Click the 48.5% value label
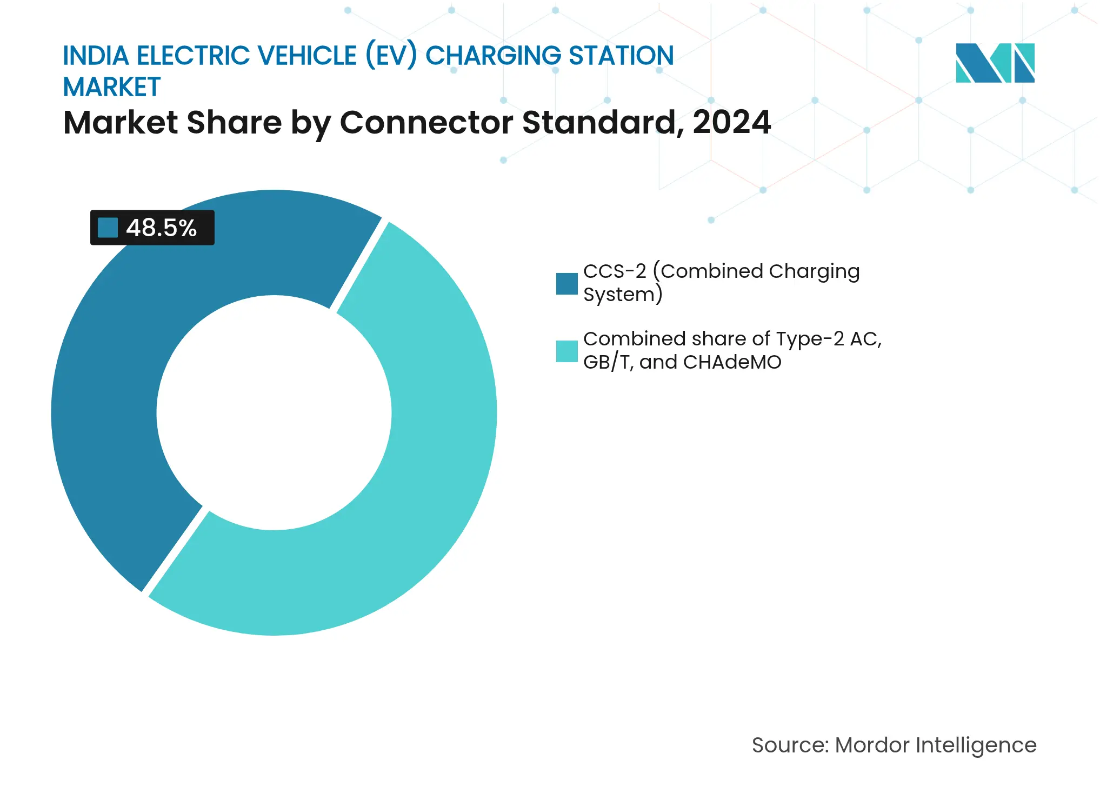pos(161,228)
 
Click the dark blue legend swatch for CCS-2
pos(566,284)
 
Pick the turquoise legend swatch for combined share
pos(566,351)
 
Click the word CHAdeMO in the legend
pos(732,362)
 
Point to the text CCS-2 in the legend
pos(615,271)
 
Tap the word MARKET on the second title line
pos(112,87)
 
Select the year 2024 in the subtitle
pos(731,122)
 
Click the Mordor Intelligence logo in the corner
pos(995,63)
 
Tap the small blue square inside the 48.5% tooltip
pos(108,228)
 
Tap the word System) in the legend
pos(623,295)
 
